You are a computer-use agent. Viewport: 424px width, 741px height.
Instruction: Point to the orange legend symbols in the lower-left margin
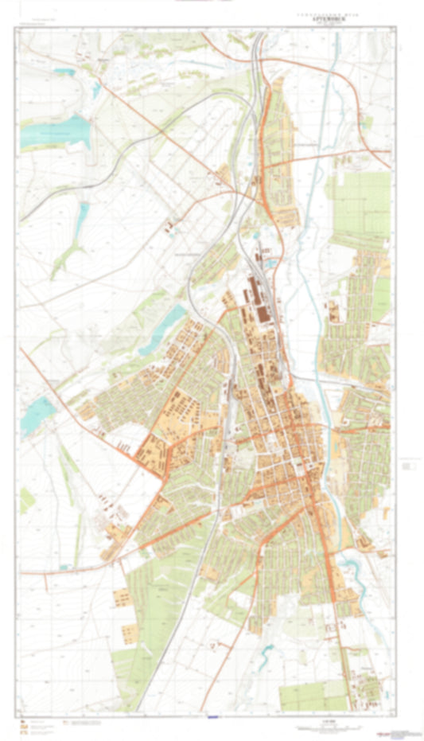click(25, 726)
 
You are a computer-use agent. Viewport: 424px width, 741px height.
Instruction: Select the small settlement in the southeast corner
click(368, 684)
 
